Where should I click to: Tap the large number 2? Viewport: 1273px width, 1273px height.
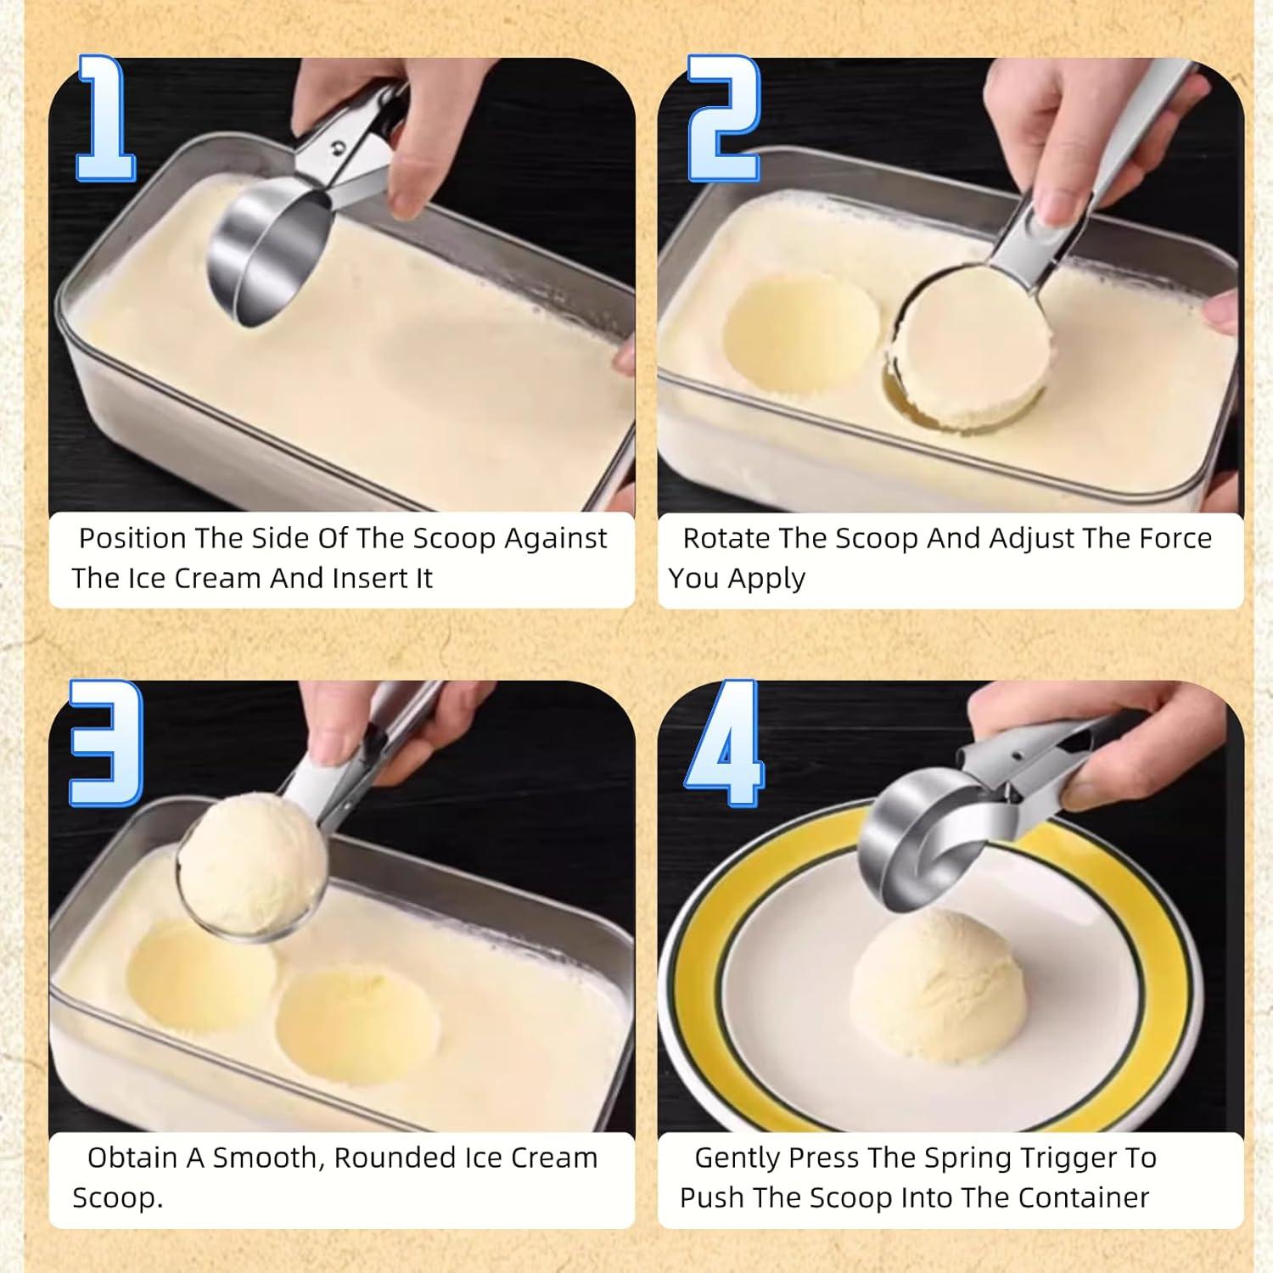click(723, 119)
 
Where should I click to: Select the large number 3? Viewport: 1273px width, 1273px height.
click(106, 743)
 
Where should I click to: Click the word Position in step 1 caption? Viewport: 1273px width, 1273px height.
click(132, 539)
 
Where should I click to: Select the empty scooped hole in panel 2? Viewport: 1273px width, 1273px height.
click(799, 335)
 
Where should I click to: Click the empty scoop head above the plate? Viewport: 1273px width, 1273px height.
click(925, 840)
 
